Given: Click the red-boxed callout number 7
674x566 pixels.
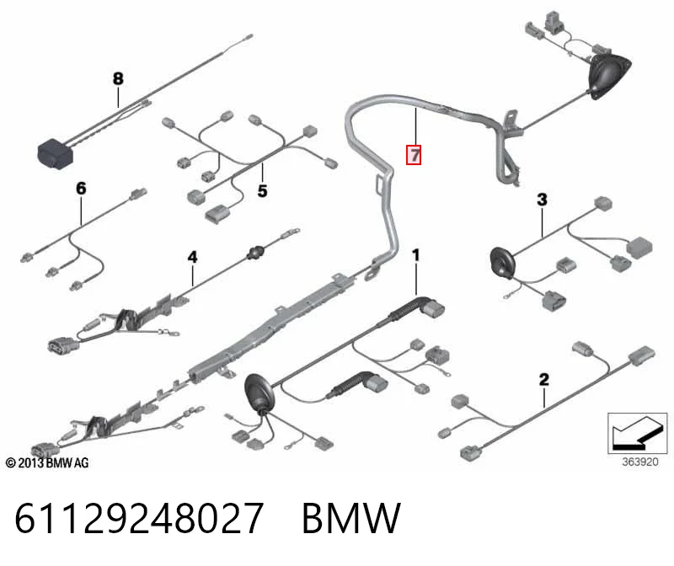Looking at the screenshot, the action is [414, 155].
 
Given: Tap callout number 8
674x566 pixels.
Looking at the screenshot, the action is [118, 78].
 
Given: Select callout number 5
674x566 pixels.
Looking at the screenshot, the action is [262, 190].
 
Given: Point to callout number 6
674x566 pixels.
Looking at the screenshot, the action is [81, 188].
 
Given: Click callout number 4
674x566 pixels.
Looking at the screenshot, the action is [193, 257].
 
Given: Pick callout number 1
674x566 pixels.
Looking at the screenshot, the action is [415, 255].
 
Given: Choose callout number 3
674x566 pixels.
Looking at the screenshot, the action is [542, 200].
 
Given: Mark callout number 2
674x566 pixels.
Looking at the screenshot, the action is [543, 380].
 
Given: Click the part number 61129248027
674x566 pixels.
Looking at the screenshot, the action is [139, 518].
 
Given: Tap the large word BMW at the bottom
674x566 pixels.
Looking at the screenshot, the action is [351, 518].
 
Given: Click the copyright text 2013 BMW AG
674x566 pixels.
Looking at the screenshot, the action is [47, 463].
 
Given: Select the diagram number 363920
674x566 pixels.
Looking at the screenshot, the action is [640, 462].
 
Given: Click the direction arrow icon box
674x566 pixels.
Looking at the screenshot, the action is [638, 433].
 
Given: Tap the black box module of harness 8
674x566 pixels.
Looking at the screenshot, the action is [56, 154].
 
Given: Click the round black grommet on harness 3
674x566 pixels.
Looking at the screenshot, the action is [502, 263].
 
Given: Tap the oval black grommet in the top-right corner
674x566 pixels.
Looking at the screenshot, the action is [609, 77].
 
